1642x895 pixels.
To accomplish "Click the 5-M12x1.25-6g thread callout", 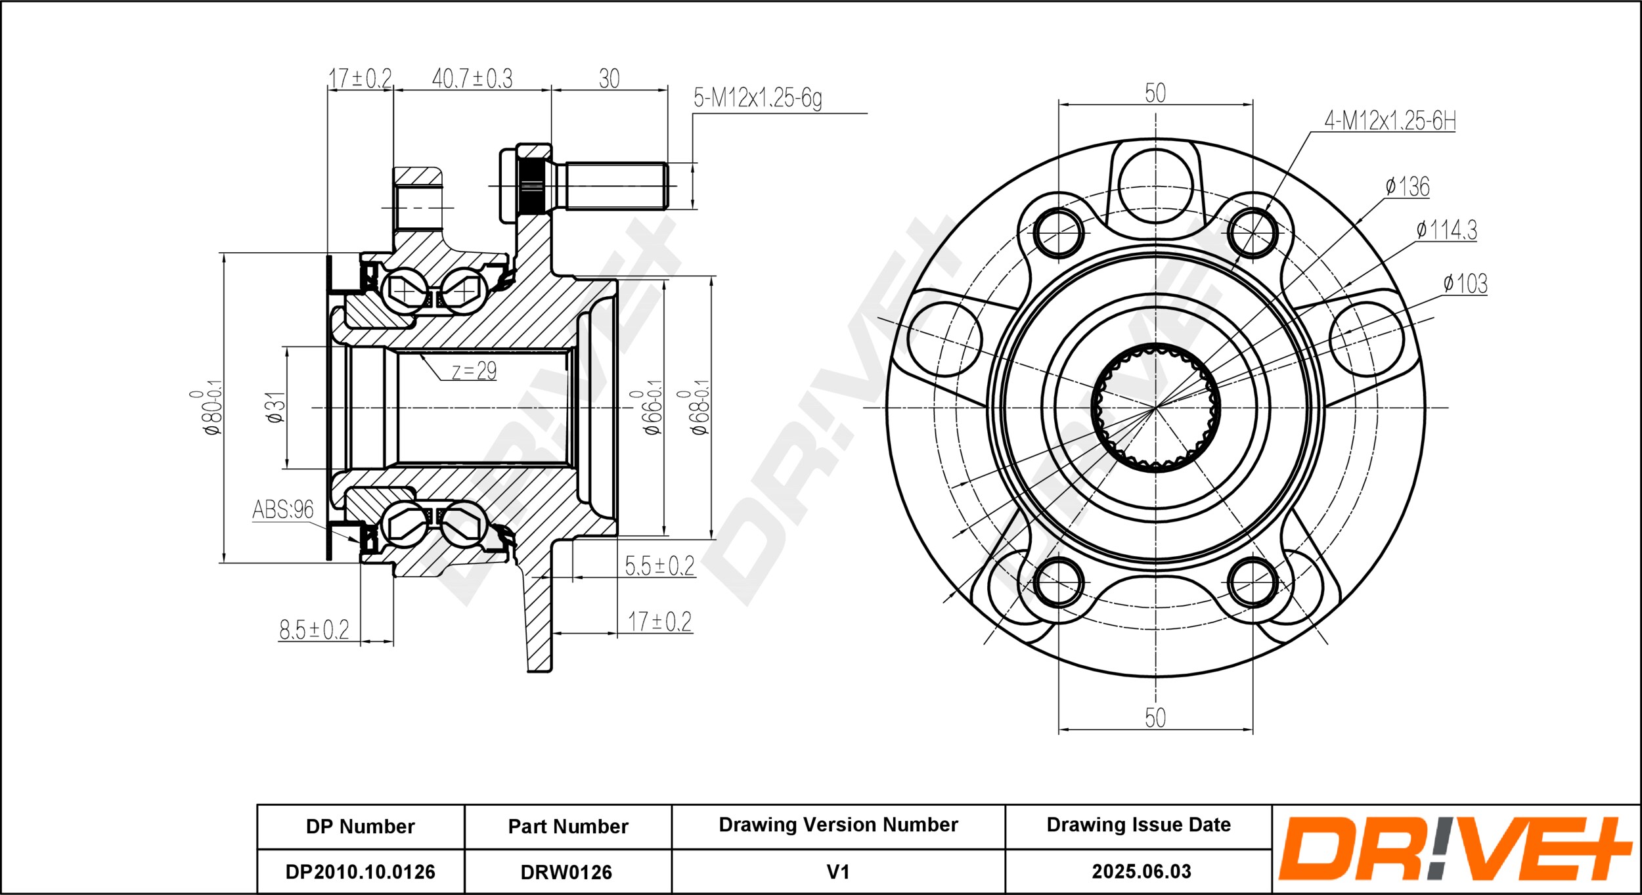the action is [x=757, y=98].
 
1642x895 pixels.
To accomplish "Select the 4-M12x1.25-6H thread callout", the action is [x=1390, y=121].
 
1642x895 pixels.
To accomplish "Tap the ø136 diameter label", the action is [x=1408, y=187].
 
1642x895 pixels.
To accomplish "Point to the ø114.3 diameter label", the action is [x=1446, y=230].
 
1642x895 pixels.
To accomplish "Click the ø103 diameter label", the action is [x=1465, y=284].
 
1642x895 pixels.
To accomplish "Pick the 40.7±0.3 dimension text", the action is [x=472, y=78].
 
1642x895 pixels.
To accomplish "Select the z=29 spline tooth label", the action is [x=474, y=371].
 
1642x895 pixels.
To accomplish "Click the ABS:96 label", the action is [x=283, y=510].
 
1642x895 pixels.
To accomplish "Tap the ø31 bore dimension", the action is [x=277, y=408].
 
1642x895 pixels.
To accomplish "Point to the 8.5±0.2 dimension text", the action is [x=315, y=630].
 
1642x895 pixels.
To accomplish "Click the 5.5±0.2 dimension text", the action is [x=659, y=565].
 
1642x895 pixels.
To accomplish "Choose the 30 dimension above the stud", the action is [x=610, y=79].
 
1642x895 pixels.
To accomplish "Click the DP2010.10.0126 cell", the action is [x=361, y=872].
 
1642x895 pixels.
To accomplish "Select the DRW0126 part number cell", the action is [x=567, y=872].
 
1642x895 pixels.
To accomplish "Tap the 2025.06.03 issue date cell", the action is [x=1142, y=871].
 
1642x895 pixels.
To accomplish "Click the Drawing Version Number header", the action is [x=839, y=825].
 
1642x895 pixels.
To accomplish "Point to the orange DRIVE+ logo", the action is [x=1455, y=848].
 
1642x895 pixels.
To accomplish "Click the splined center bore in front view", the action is [x=1155, y=408].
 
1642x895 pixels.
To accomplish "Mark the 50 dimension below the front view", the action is [x=1155, y=718].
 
